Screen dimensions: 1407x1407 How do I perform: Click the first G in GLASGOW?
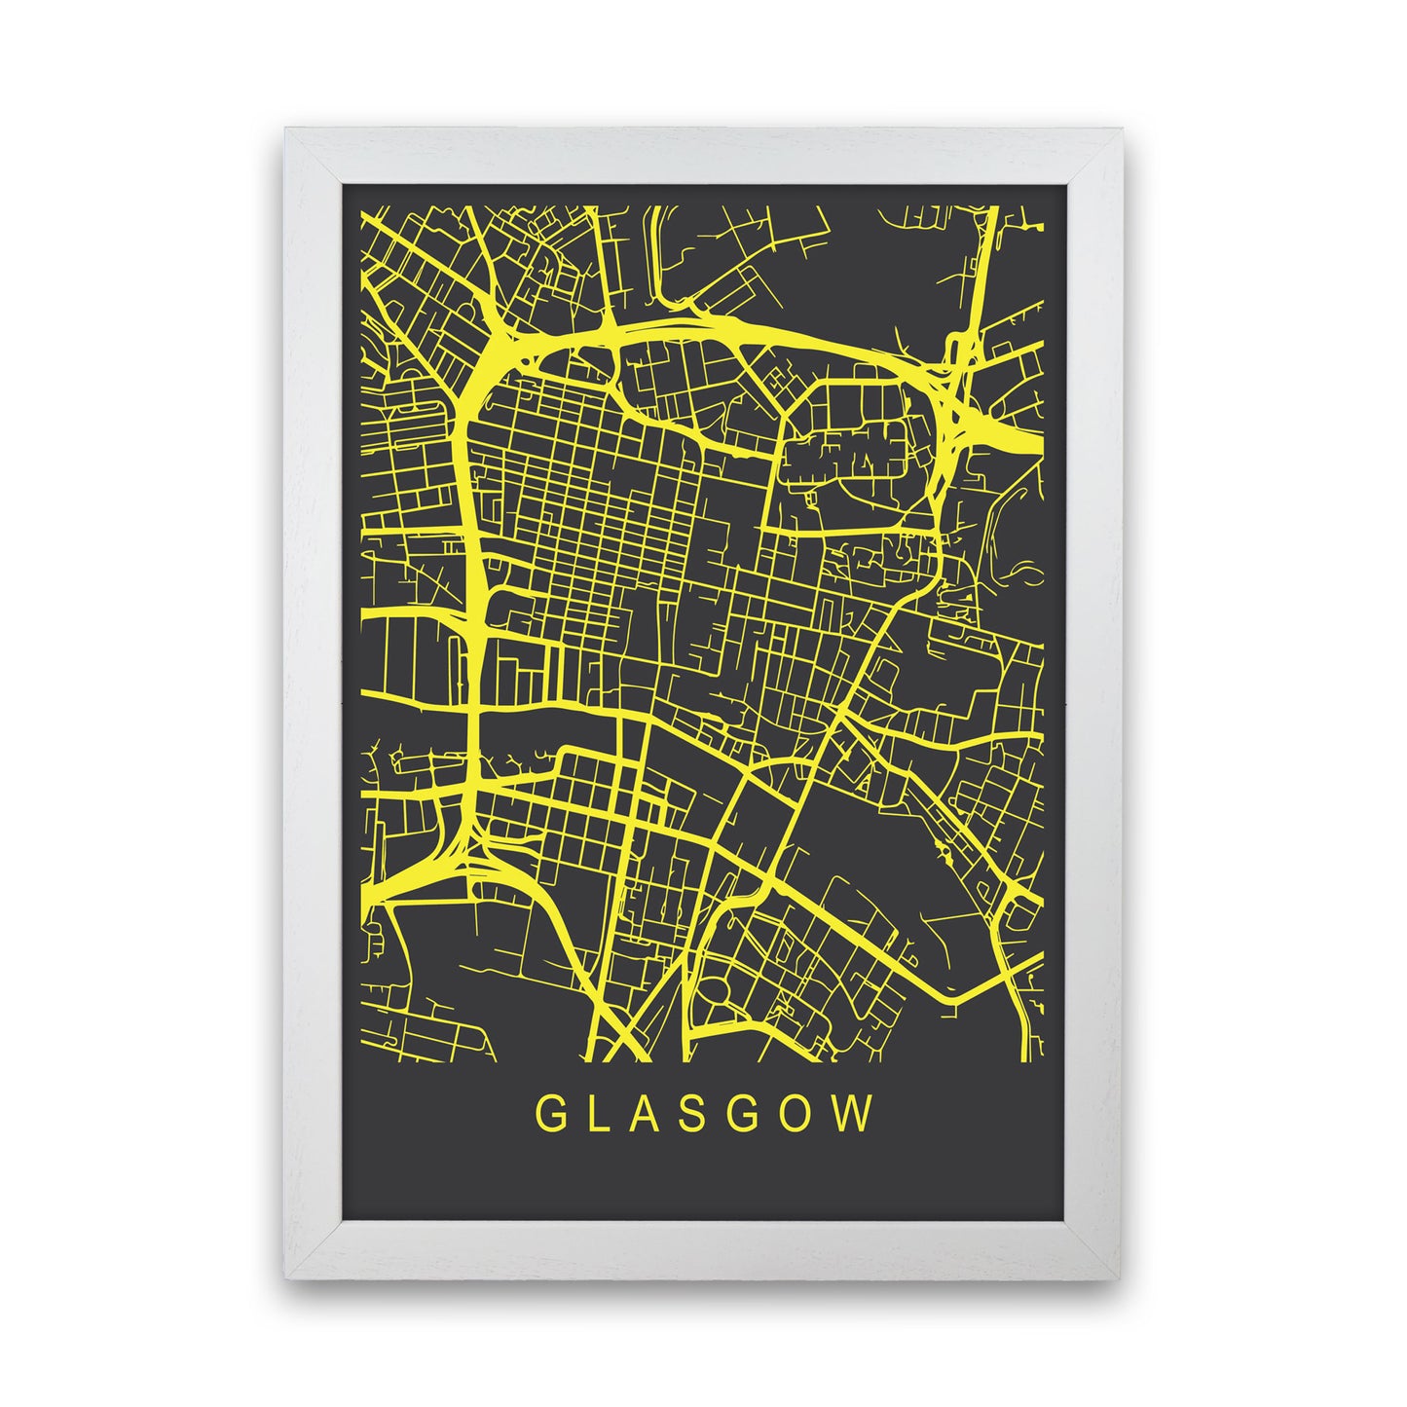[x=549, y=1116]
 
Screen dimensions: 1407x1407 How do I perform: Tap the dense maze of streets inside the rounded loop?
[x=845, y=453]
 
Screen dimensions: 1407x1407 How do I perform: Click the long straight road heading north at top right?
[x=985, y=263]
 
